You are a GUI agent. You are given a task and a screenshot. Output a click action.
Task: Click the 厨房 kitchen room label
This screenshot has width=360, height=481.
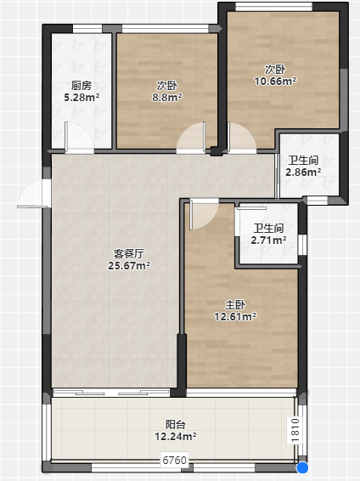(x=82, y=85)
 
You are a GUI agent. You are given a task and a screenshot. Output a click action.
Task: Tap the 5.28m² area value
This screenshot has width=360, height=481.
(x=82, y=98)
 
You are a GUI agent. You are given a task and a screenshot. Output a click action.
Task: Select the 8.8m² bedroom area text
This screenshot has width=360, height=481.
(x=167, y=98)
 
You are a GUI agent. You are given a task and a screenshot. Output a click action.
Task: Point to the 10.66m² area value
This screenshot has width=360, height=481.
(x=275, y=82)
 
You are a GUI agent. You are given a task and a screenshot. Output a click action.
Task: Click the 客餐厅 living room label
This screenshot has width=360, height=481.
(x=129, y=254)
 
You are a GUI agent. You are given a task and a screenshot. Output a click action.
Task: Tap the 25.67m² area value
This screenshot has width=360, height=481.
(x=129, y=266)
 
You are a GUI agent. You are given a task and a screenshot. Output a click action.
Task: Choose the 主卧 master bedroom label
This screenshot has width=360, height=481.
(x=235, y=304)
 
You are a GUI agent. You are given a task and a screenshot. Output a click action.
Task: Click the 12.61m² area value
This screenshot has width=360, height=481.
(x=235, y=317)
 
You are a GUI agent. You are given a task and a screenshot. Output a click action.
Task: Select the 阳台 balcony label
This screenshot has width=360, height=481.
(x=176, y=425)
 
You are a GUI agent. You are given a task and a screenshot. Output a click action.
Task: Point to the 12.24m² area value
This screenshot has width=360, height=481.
(x=176, y=436)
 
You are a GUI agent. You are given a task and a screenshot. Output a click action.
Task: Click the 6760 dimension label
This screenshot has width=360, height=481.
(x=174, y=460)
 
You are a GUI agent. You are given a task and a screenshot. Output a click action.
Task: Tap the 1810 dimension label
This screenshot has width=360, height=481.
(x=295, y=430)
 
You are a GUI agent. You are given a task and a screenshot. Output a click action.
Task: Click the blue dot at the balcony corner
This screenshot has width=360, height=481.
(x=303, y=468)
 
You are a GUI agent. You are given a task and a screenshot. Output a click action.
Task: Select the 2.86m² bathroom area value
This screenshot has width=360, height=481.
(x=303, y=173)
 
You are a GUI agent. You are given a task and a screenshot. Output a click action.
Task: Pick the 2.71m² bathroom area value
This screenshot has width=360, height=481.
(x=268, y=240)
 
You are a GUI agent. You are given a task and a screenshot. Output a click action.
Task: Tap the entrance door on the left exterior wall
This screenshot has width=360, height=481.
(x=34, y=194)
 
